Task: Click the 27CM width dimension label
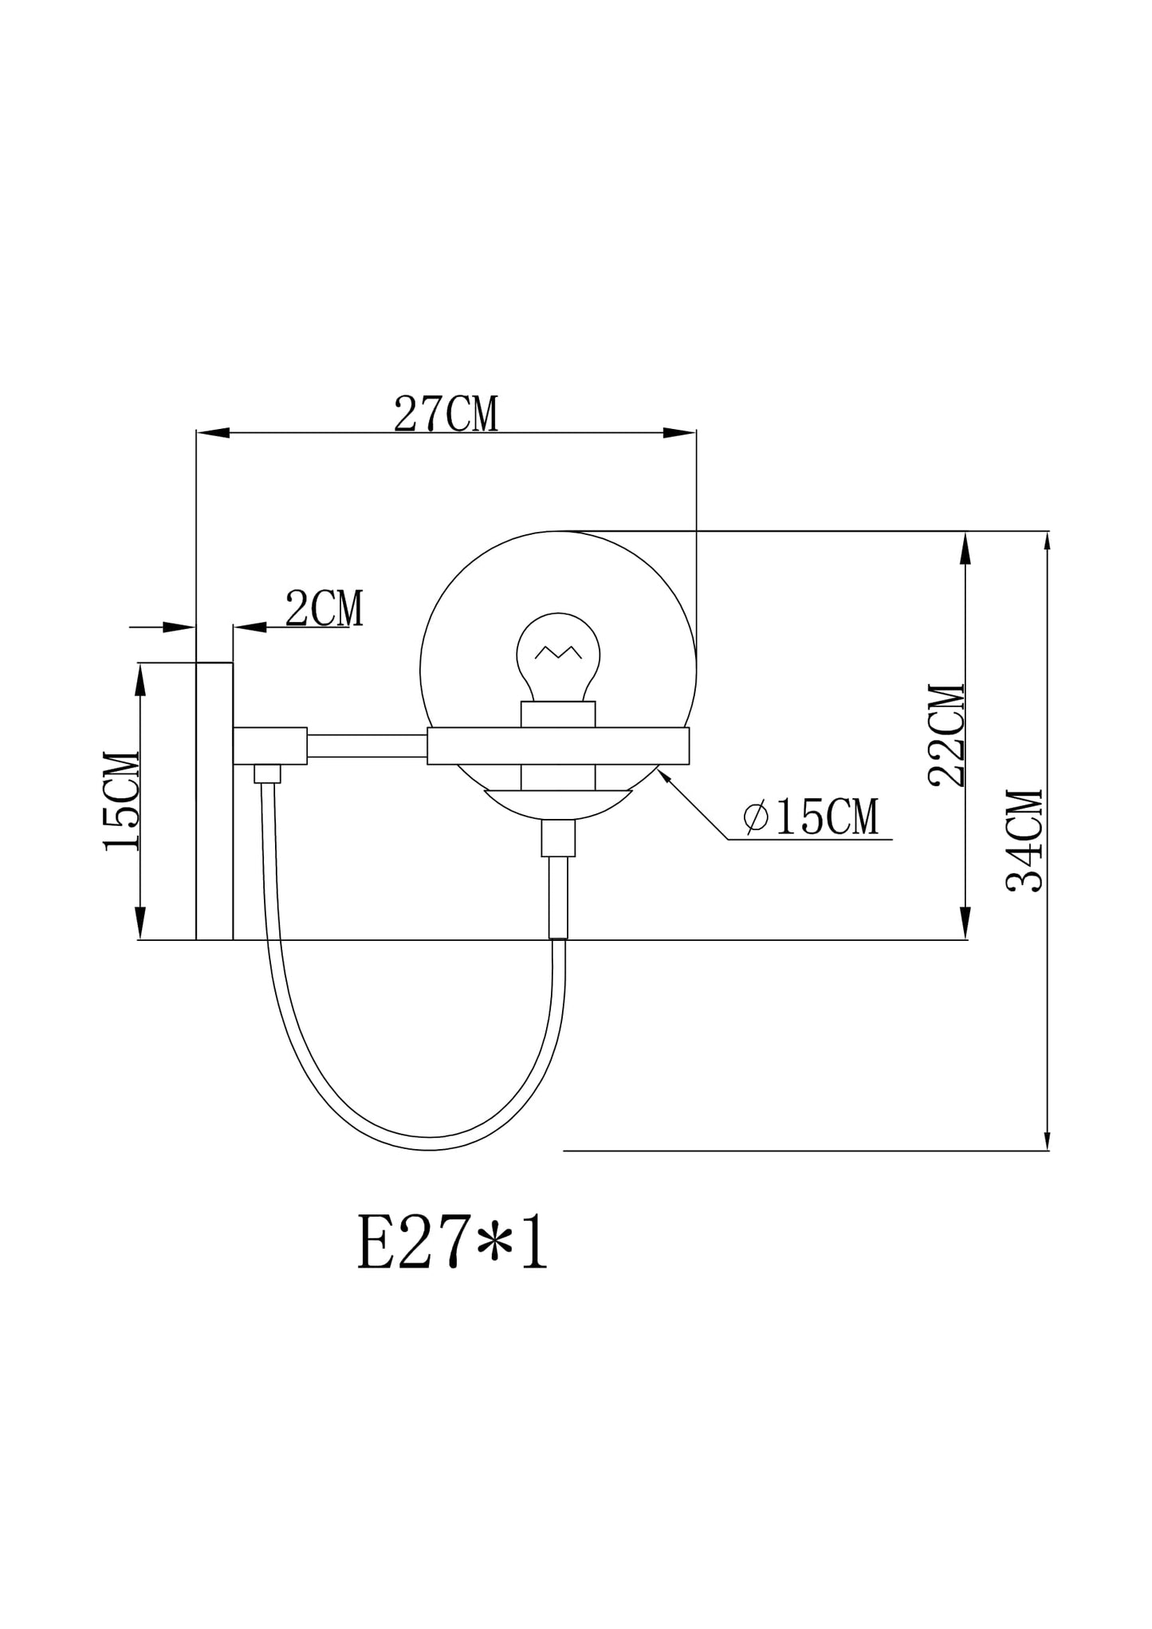pos(446,415)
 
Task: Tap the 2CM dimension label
pos(324,608)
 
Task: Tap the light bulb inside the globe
pos(558,657)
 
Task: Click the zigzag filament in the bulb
pos(558,652)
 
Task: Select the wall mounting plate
pos(214,801)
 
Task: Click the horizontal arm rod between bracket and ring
pos(368,746)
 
